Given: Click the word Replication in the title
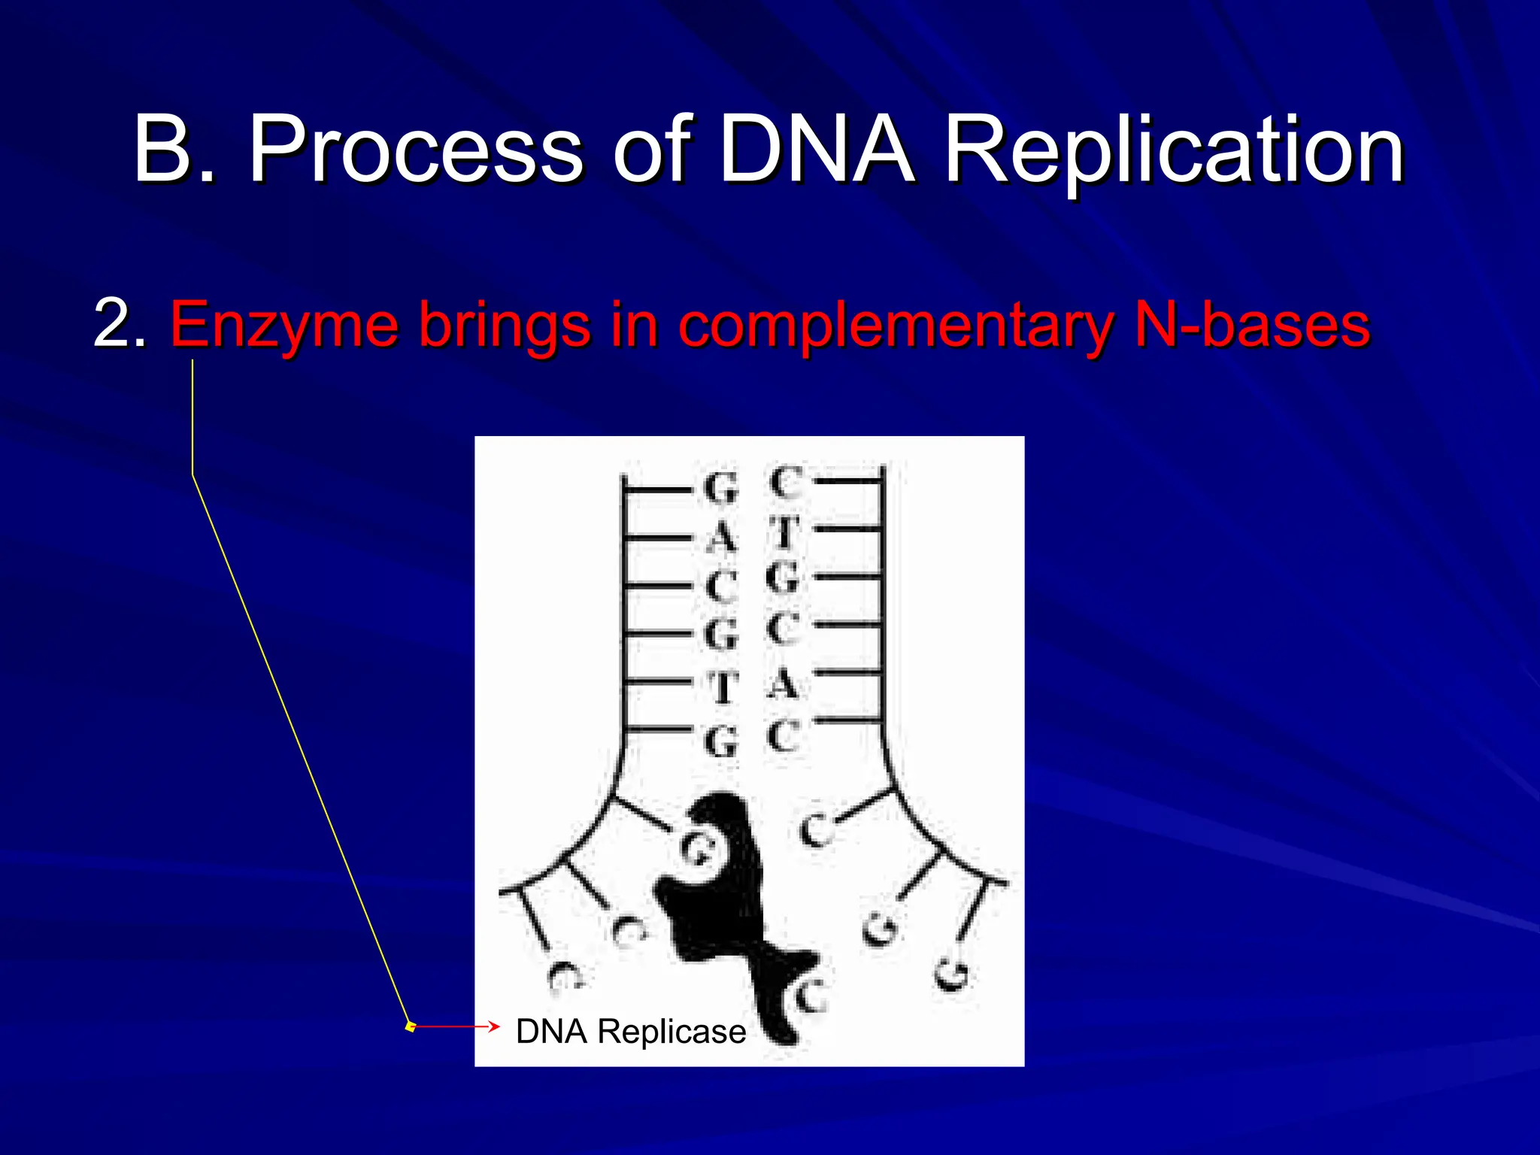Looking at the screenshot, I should pos(1173,150).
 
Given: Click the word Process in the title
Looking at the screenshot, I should pos(415,150).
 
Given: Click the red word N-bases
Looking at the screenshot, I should pos(1251,325).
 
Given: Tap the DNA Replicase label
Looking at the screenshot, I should pos(630,1032).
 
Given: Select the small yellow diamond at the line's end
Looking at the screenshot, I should pos(411,1026).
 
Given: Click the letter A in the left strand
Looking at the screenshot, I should pos(721,538).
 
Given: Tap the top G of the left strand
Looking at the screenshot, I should pos(721,489).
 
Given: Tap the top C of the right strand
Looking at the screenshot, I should pos(786,483).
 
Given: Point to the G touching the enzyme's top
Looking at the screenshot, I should pos(696,850).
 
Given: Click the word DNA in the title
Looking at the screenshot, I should pos(816,150).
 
